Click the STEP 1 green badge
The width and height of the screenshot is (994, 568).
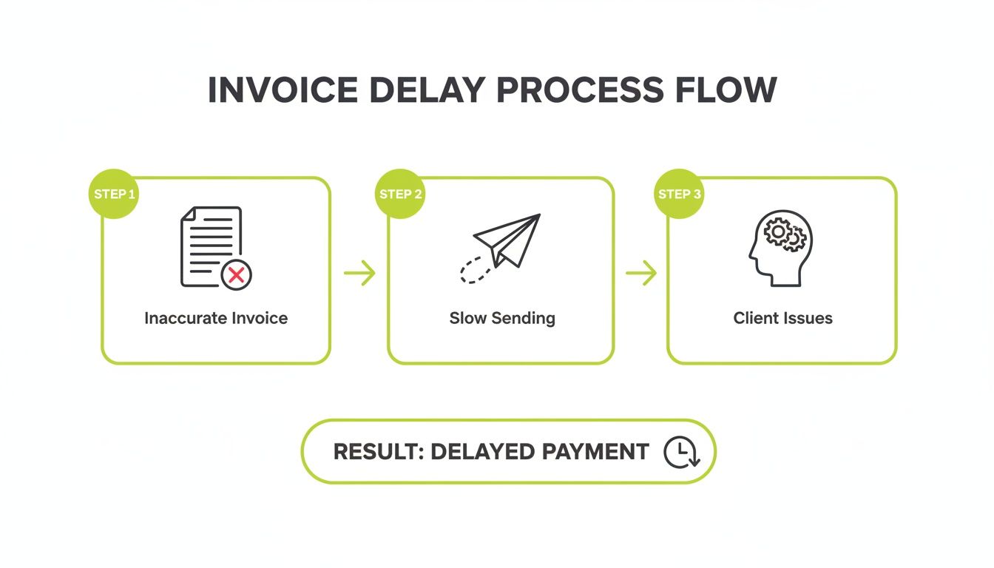(114, 195)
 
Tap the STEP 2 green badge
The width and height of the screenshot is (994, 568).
(400, 195)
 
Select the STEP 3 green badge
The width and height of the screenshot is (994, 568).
(679, 195)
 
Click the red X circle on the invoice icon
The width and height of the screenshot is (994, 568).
(236, 276)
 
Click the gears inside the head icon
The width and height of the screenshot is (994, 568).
(785, 234)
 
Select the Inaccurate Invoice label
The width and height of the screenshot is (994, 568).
(216, 319)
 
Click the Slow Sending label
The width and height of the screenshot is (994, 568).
(502, 319)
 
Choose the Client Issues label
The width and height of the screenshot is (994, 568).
(782, 319)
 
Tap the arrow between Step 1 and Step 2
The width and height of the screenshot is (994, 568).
(359, 274)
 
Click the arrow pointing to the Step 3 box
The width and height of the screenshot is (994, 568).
(641, 274)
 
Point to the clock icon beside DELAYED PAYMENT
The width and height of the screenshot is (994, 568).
(680, 452)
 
